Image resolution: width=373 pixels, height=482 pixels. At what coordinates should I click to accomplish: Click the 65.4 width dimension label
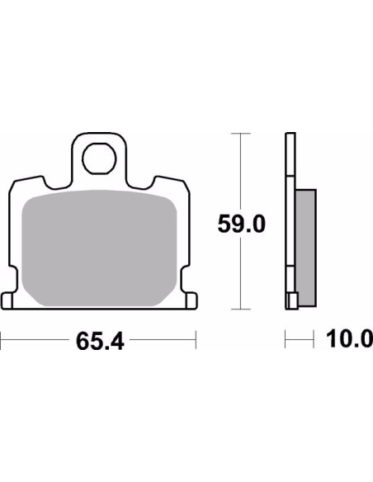100,342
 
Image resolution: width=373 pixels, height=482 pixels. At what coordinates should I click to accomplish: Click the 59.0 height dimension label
242,224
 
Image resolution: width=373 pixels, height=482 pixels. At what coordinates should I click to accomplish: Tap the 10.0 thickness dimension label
349,338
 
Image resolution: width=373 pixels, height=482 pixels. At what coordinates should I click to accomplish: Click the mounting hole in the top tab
99,159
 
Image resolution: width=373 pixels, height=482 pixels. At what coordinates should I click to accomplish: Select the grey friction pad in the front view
100,248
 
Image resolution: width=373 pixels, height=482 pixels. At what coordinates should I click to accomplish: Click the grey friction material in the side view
305,248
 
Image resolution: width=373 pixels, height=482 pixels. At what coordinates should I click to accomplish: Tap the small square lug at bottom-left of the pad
7,301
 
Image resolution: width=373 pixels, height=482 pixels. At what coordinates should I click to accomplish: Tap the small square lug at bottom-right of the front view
191,300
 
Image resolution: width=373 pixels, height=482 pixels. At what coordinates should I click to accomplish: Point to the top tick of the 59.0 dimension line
241,134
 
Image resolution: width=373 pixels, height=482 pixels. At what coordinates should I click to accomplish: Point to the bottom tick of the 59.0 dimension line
241,309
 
